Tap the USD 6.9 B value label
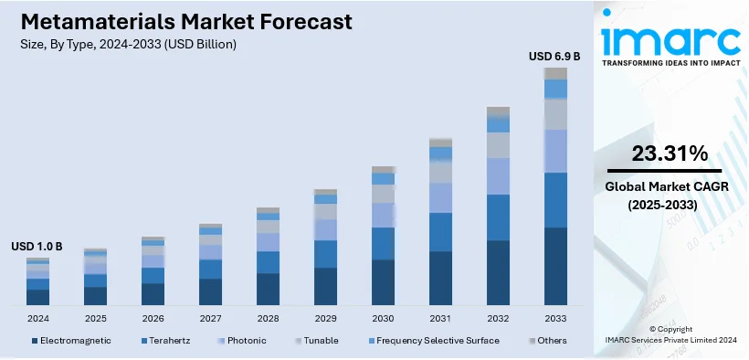554,57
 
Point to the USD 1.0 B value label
37,247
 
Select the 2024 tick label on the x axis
37,318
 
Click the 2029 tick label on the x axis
325,318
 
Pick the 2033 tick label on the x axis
555,318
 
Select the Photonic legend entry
245,341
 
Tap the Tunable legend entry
320,341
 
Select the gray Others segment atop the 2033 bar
555,73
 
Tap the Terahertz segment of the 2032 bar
498,217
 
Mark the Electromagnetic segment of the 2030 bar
383,281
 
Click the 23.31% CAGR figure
653,153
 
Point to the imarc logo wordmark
670,38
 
